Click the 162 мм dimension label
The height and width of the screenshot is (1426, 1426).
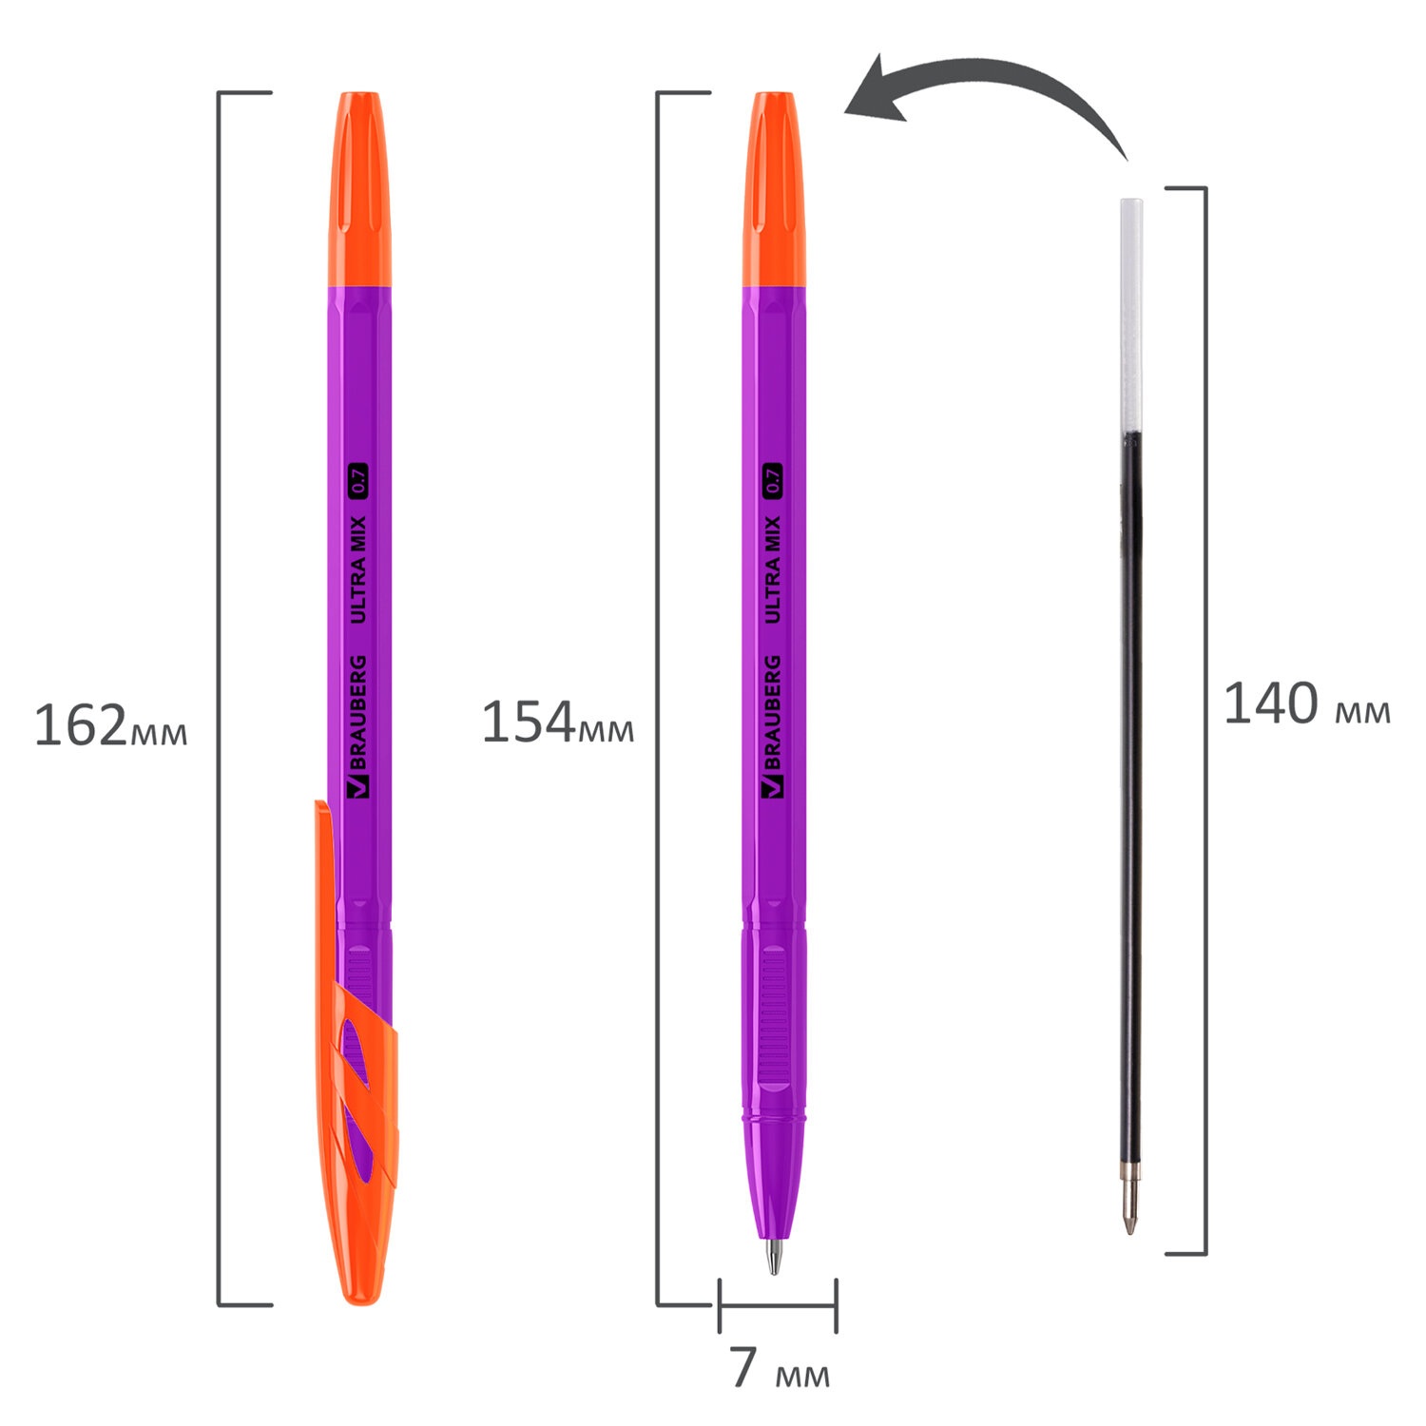point(110,726)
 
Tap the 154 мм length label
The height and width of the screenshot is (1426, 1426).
point(558,723)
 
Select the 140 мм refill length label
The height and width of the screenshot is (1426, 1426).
point(1306,704)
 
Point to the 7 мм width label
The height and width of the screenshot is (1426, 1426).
point(780,1368)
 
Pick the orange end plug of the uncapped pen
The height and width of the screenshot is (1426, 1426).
point(774,189)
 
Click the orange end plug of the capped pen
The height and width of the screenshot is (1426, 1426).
point(359,189)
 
